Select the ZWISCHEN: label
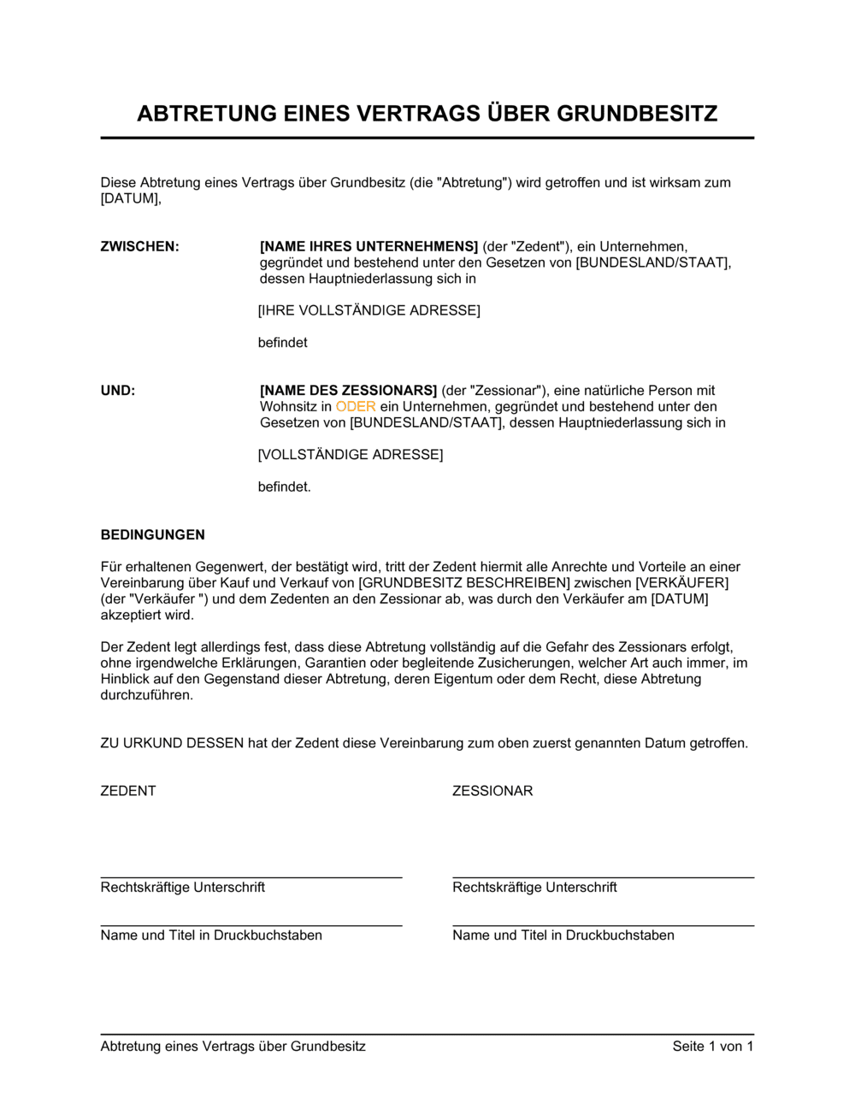tap(139, 247)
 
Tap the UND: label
tap(118, 391)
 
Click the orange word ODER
tap(356, 407)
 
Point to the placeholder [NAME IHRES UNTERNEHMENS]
tap(369, 247)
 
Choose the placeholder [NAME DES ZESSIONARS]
tap(349, 391)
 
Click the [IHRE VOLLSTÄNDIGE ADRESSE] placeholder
tap(369, 310)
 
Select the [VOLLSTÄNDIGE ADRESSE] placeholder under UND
tap(351, 455)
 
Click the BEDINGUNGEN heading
tap(153, 535)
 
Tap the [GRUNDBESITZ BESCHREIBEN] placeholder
tap(464, 583)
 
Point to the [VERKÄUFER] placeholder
tap(682, 583)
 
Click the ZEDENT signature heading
tap(128, 791)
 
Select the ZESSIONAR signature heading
tap(492, 791)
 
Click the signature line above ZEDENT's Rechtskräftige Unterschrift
tap(251, 877)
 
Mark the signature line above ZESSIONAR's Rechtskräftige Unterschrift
tap(604, 877)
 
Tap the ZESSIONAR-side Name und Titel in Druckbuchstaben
tap(563, 935)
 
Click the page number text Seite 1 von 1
tap(713, 1047)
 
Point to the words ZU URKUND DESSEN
tap(172, 743)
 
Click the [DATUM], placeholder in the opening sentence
tap(131, 199)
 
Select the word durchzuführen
tap(147, 695)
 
